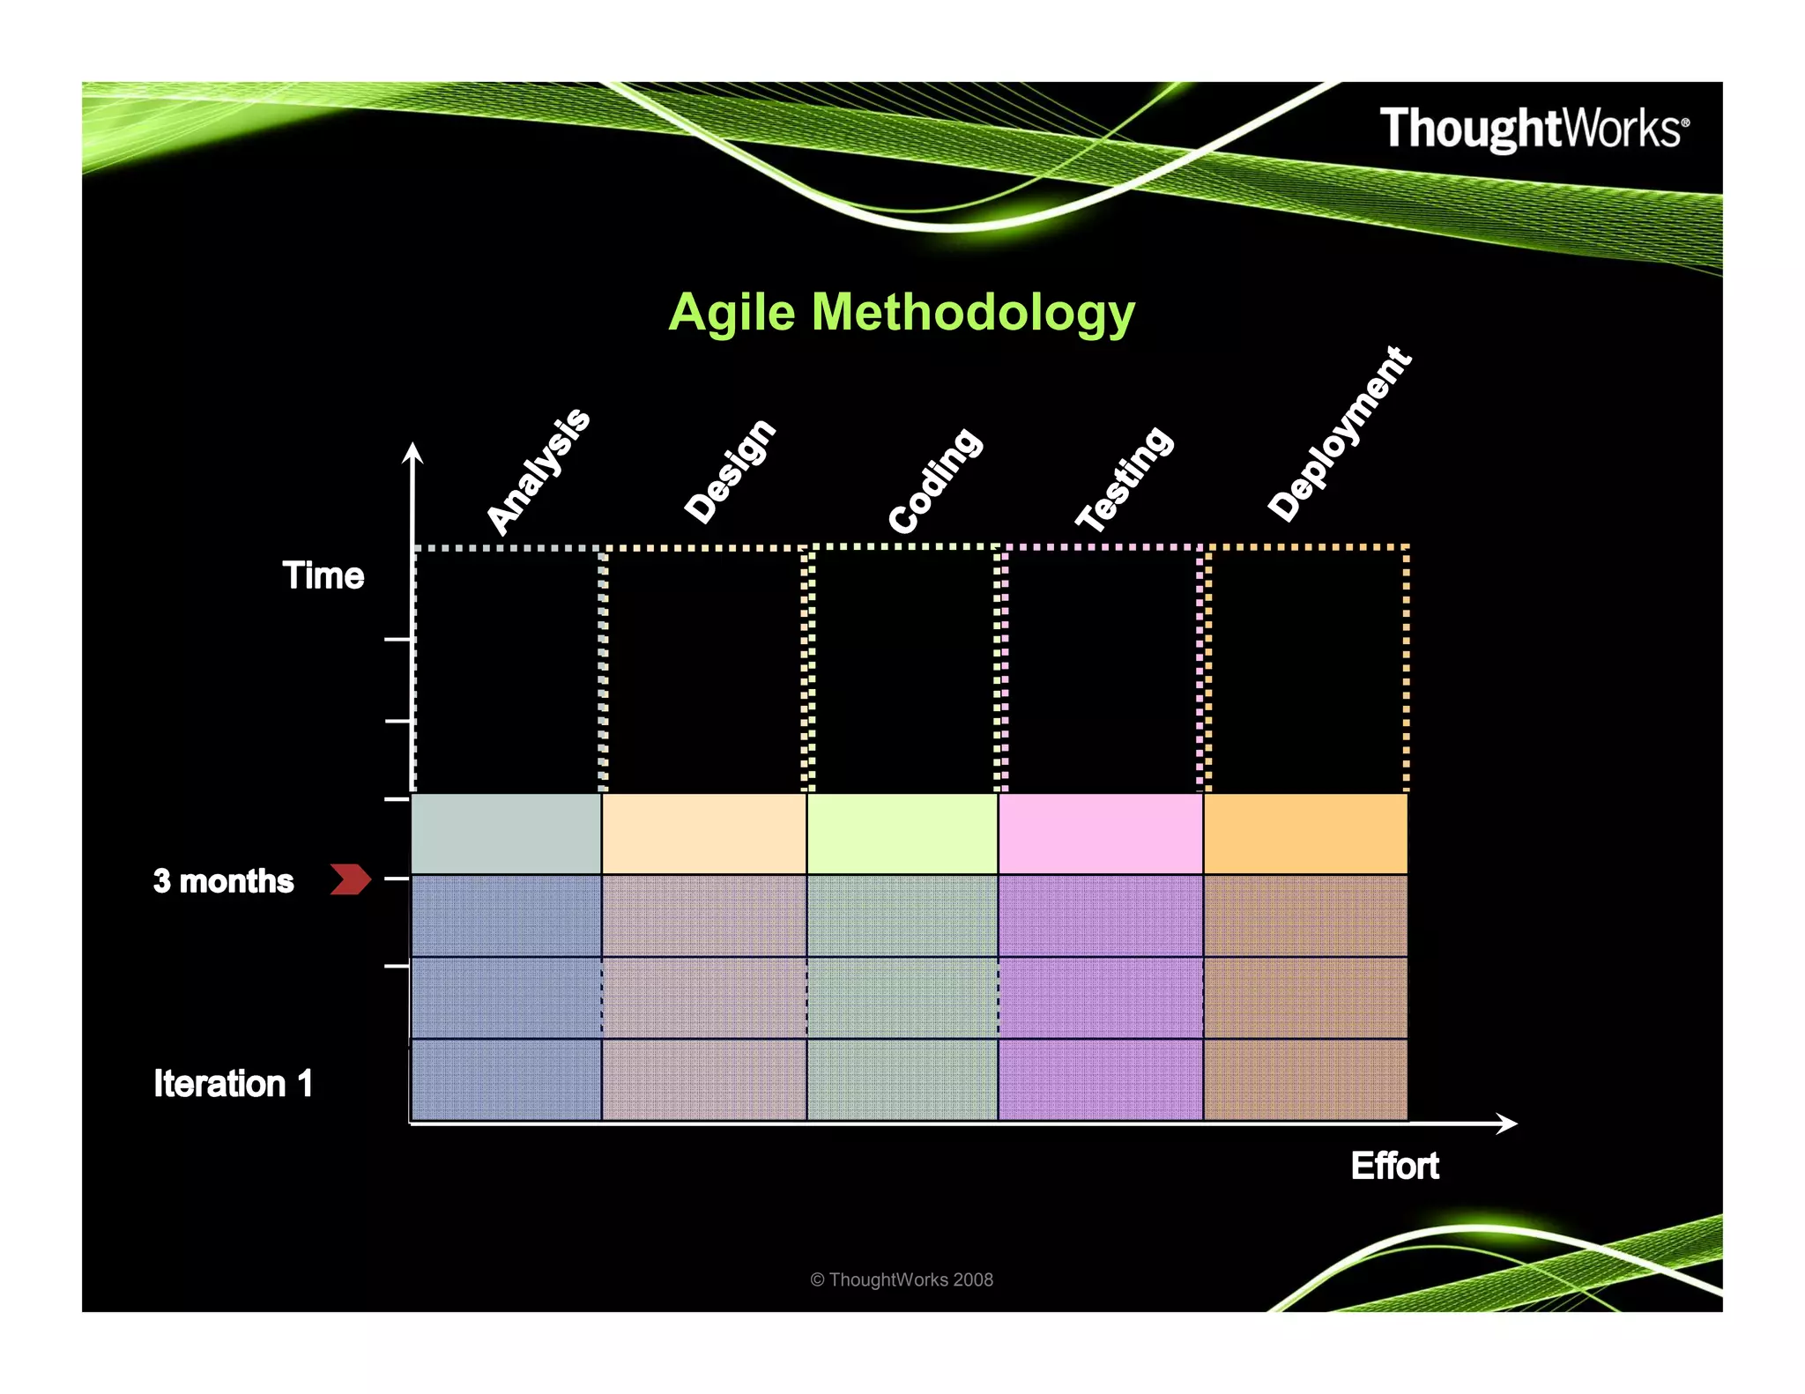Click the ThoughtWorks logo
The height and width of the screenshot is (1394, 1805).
1534,129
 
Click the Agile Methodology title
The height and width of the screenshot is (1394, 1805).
901,313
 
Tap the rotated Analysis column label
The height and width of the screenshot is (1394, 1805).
539,471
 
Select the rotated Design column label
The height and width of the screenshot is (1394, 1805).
730,471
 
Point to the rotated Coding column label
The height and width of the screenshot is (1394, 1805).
934,480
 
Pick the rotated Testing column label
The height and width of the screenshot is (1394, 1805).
1125,478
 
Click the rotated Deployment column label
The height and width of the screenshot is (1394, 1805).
1340,434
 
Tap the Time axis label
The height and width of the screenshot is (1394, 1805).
323,575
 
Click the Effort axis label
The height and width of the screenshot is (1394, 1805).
1394,1166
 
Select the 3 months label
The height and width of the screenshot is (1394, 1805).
223,881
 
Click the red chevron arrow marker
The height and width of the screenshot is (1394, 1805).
350,879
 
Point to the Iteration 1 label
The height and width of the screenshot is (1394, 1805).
234,1084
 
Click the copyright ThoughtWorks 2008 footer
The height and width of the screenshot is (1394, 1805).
901,1279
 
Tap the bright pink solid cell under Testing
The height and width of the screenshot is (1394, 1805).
1100,834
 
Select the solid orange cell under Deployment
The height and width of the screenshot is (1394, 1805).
1305,834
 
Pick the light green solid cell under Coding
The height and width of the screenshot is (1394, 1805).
902,834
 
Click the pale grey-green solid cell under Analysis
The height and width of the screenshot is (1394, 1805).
506,834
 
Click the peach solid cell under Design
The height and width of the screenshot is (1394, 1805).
703,834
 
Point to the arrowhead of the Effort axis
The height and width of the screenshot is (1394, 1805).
1508,1123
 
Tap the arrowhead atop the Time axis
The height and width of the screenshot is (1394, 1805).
412,453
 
